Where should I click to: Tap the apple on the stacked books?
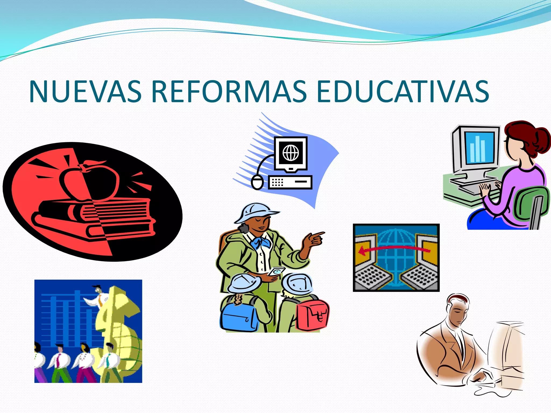click(x=90, y=181)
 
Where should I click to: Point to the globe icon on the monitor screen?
click(x=291, y=152)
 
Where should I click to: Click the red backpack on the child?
click(x=312, y=315)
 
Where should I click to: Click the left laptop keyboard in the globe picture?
click(x=373, y=277)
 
